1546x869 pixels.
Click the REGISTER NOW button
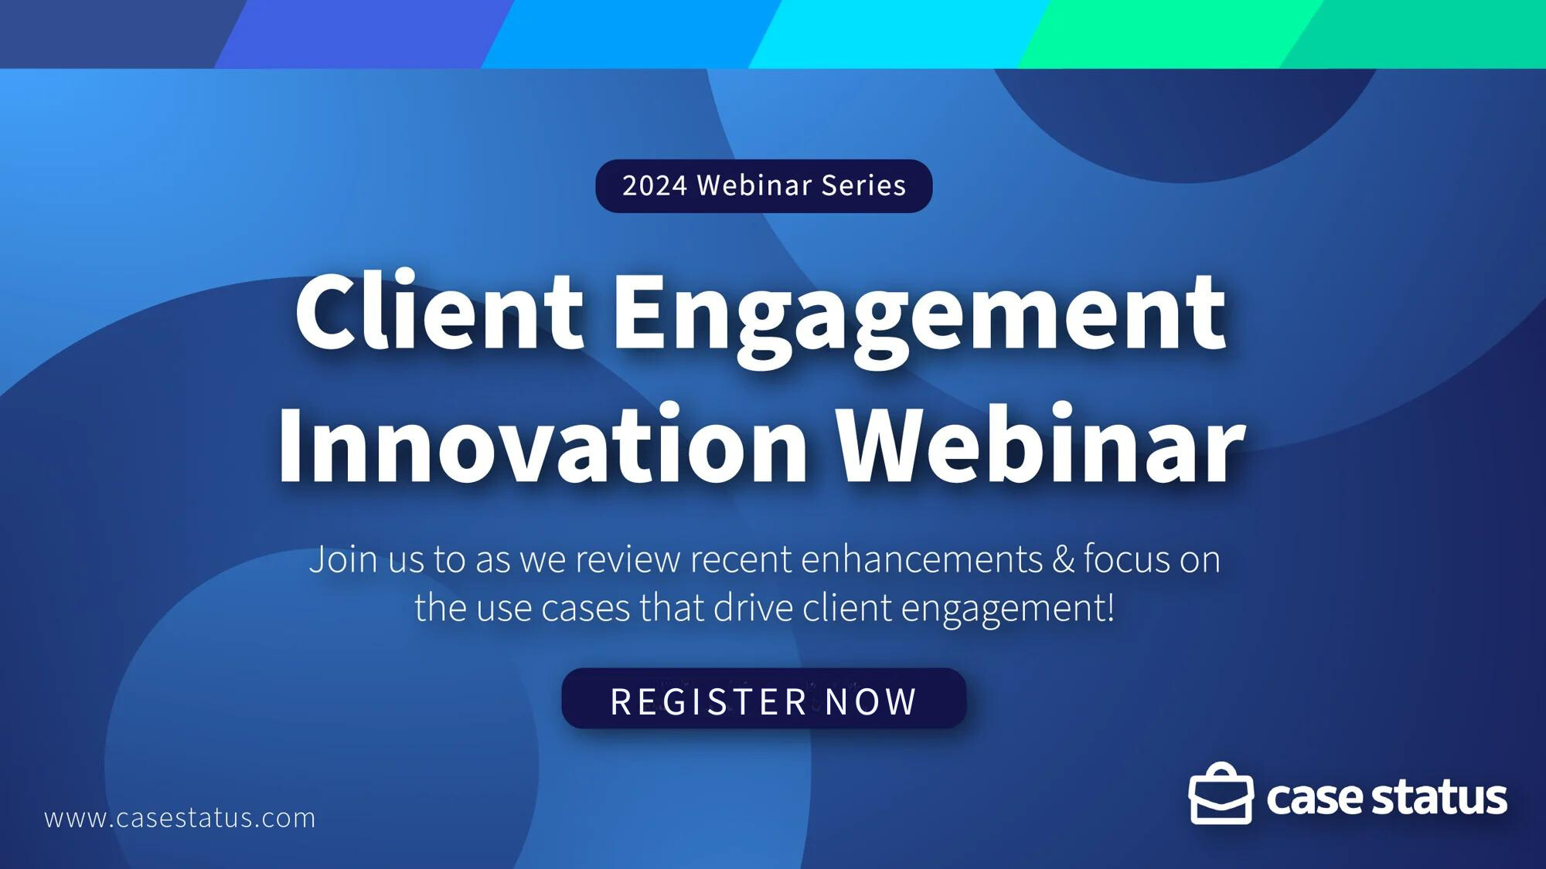tap(764, 699)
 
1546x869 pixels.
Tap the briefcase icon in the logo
tap(1221, 795)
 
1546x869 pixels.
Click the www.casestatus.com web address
tap(180, 818)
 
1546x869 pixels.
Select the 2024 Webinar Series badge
tap(764, 186)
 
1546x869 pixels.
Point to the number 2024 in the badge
tap(655, 186)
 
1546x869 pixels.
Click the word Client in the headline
tap(439, 313)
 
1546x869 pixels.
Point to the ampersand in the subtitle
tap(1063, 559)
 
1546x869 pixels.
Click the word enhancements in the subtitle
tap(921, 559)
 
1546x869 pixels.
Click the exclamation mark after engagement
tap(1111, 607)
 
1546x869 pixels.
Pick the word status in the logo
tap(1439, 798)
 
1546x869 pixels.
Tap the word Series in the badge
tap(863, 186)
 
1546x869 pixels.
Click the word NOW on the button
tap(871, 701)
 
